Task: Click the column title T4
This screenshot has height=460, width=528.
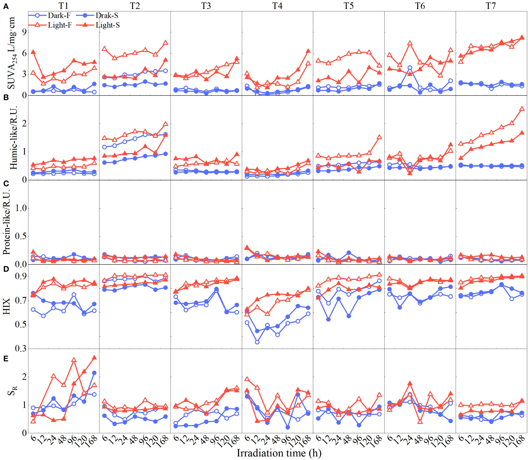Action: [277, 6]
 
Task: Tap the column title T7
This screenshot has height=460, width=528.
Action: [491, 6]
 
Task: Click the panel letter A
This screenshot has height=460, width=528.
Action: [6, 7]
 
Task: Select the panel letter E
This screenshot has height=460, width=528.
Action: [6, 359]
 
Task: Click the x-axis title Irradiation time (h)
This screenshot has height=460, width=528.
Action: [279, 453]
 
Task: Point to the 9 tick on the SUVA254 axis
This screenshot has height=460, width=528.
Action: [24, 32]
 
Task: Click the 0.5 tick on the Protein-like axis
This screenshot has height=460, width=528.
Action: [21, 236]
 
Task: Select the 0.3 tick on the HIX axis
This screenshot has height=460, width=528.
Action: [21, 348]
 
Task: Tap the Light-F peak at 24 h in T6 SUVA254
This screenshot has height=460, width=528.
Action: [410, 43]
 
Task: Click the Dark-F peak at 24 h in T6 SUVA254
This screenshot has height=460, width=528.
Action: [410, 68]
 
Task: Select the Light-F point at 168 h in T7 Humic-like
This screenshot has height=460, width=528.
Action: [522, 109]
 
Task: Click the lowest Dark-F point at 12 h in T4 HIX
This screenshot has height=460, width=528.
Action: [257, 342]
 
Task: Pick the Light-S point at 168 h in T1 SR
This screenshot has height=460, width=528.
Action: [94, 358]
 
